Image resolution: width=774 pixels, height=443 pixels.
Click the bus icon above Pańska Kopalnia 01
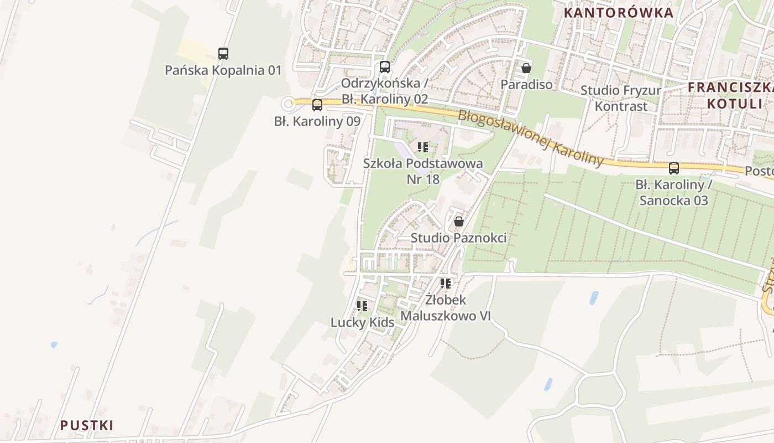tap(223, 54)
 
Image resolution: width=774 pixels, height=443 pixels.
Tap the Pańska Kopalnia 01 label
tap(223, 70)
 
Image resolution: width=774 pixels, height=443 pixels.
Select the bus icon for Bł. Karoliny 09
tap(317, 105)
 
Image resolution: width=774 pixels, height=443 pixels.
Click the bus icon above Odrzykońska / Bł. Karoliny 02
tap(385, 67)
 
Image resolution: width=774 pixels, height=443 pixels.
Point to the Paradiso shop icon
tap(526, 68)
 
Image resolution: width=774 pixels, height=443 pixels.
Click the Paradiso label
tap(526, 85)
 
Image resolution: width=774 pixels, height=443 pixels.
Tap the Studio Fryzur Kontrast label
tap(621, 98)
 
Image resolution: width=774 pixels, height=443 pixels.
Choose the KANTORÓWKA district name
tap(619, 13)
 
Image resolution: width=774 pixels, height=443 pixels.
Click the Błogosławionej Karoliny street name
tap(531, 137)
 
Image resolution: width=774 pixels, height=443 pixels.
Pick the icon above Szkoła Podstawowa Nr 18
tap(423, 147)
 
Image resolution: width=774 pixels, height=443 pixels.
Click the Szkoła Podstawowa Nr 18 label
tap(423, 171)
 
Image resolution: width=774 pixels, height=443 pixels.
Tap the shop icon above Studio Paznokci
tap(458, 222)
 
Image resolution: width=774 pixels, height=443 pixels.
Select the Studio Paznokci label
tap(458, 238)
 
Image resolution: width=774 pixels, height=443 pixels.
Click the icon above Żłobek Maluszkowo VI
tap(446, 284)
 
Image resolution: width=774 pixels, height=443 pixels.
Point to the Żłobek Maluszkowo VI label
tap(446, 308)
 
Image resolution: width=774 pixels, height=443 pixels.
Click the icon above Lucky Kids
tap(362, 306)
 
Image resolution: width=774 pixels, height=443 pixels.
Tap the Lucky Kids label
tap(362, 322)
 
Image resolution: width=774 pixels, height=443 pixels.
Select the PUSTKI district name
tap(87, 425)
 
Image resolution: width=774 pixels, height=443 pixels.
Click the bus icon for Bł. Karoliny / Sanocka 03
tap(674, 168)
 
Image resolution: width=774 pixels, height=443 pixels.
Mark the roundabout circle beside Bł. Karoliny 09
tap(287, 104)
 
